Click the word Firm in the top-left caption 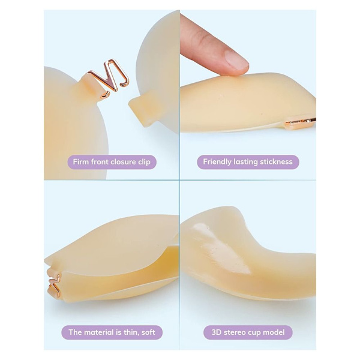coord(81,162)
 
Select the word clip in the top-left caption coord(144,163)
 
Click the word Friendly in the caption coord(217,162)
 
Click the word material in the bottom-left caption coord(101,332)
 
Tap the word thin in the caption coord(131,332)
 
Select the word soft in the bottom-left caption coord(148,332)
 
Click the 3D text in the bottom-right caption coord(216,332)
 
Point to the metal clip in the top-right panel coord(300,122)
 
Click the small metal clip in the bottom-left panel coord(54,284)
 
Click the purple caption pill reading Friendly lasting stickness coord(248,162)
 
